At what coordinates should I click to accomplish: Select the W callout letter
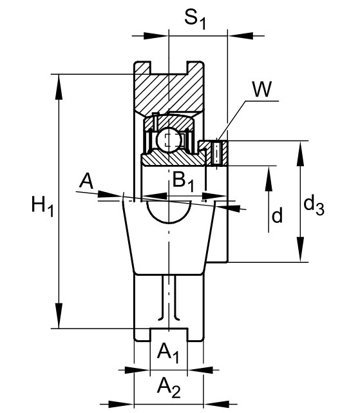coord(261,90)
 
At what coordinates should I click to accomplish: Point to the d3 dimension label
coord(314,206)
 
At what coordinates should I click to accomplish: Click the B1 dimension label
coord(183,182)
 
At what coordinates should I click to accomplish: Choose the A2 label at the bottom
coord(169,389)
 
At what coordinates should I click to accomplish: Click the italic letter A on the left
coord(87,181)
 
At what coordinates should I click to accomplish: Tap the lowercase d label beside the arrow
coord(277,215)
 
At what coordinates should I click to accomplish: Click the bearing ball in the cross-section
coord(168,139)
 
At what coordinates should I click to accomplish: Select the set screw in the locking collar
coord(216,153)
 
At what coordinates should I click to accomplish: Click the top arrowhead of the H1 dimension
coord(59,87)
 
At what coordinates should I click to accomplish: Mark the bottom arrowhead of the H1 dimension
coord(59,316)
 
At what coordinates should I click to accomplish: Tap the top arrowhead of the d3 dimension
coord(300,153)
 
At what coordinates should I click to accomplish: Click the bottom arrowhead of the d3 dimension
coord(300,249)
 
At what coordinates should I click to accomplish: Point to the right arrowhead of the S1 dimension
coord(241,36)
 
